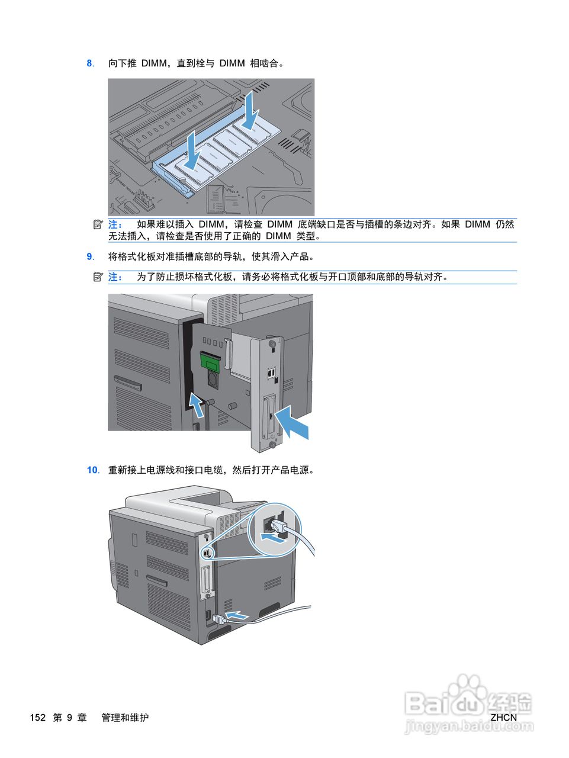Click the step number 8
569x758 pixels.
pyautogui.click(x=90, y=63)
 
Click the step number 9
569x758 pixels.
pyautogui.click(x=90, y=256)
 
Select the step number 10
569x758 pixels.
pyautogui.click(x=92, y=470)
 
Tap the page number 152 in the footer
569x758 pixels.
pyautogui.click(x=37, y=717)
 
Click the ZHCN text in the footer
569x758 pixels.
pyautogui.click(x=503, y=717)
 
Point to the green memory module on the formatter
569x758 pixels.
pyautogui.click(x=210, y=360)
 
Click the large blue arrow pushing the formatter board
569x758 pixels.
pyautogui.click(x=292, y=422)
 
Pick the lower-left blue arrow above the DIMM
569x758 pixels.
pyautogui.click(x=192, y=150)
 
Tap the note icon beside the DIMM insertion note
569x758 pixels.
pyautogui.click(x=98, y=224)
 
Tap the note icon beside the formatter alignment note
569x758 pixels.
pyautogui.click(x=98, y=277)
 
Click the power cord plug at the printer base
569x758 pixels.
pyautogui.click(x=217, y=619)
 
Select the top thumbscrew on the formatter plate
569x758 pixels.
pyautogui.click(x=272, y=343)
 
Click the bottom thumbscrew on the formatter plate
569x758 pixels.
pyautogui.click(x=272, y=444)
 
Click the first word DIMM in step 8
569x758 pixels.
pyautogui.click(x=154, y=63)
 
